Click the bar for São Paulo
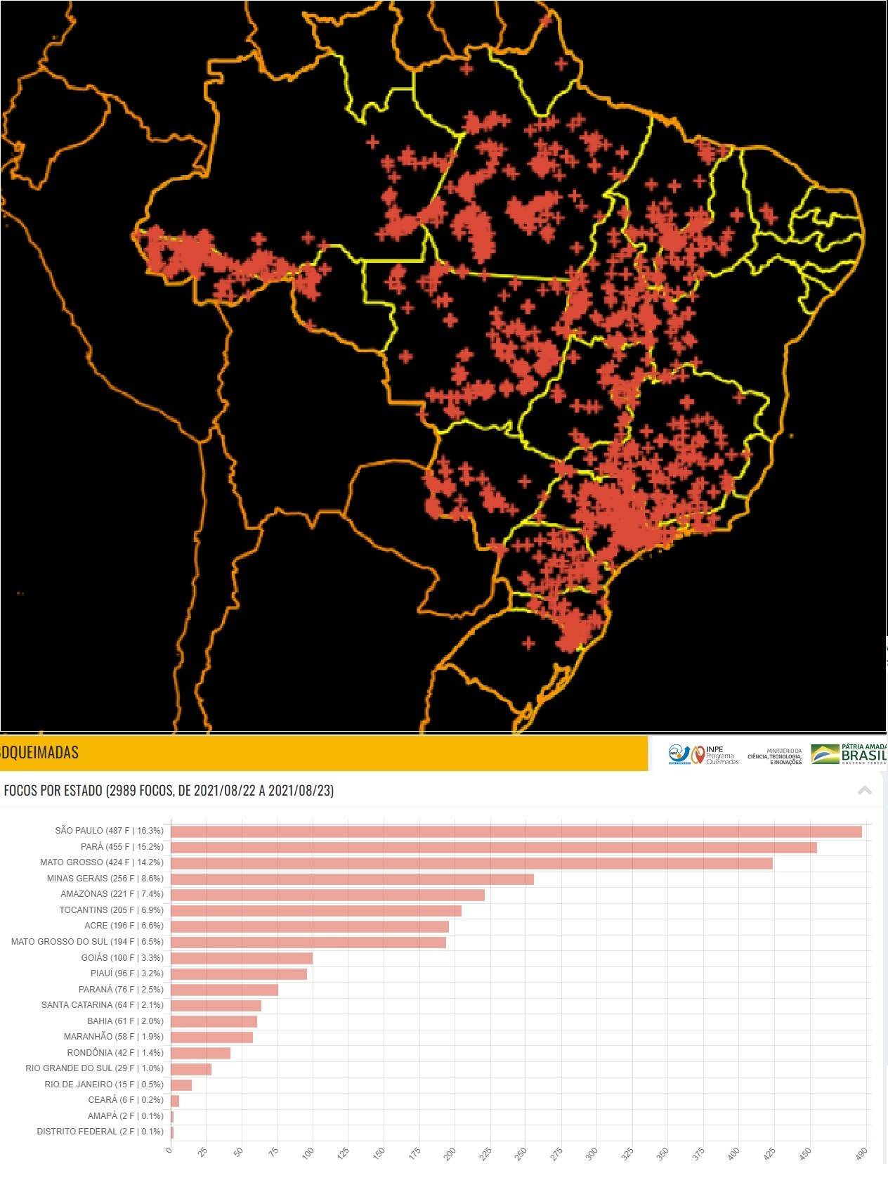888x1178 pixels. tap(516, 831)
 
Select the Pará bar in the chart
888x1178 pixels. tap(493, 848)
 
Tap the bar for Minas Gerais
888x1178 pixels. tap(352, 879)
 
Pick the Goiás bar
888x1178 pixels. tap(242, 958)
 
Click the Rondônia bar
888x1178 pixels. tap(200, 1053)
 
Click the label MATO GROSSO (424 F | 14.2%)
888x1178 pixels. tap(101, 862)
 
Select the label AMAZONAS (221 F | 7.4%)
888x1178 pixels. tap(112, 894)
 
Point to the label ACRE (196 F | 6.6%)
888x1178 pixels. tap(124, 926)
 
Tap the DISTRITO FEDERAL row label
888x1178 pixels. tap(100, 1132)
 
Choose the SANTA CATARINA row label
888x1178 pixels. tap(102, 1005)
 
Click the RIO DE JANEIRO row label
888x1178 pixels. tap(103, 1085)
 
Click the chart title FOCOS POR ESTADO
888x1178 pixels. tap(169, 791)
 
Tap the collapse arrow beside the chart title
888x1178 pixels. tap(865, 791)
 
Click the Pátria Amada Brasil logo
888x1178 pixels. tap(849, 753)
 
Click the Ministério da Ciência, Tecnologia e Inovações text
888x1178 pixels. tap(774, 756)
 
